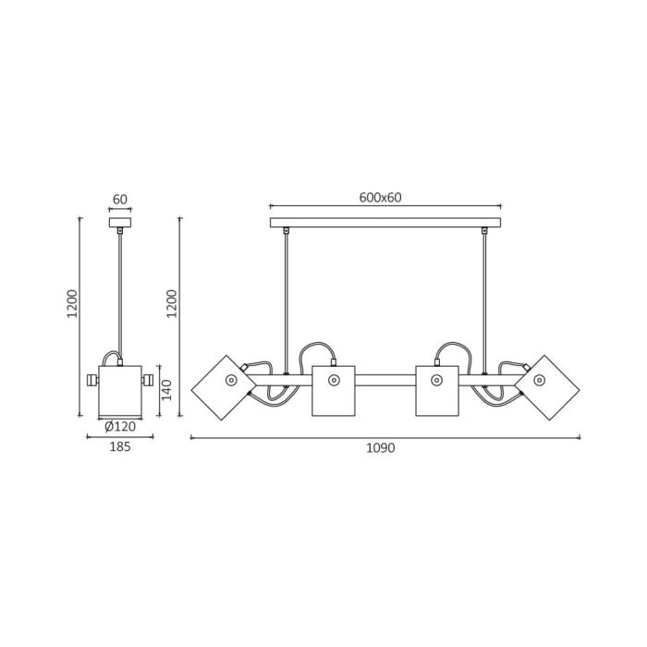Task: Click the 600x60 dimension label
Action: point(380,198)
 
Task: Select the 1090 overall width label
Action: point(380,448)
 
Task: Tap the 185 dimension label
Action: point(119,447)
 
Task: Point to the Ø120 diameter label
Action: point(120,426)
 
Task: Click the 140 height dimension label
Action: point(167,391)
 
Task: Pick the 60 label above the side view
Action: point(119,200)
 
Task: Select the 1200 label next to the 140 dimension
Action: point(172,303)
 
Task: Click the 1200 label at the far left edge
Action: point(72,303)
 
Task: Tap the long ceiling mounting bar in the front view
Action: point(385,223)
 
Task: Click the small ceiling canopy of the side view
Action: point(119,222)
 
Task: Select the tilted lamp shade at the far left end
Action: point(223,387)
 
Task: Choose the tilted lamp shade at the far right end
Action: point(546,387)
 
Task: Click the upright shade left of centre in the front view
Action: point(333,391)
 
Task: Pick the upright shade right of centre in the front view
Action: point(437,391)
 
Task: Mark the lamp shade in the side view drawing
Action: point(120,392)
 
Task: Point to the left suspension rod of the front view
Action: point(286,300)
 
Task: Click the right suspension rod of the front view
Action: point(483,300)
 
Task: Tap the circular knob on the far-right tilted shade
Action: point(539,380)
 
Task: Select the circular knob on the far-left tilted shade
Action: point(231,380)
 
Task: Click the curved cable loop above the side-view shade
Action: point(110,356)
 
